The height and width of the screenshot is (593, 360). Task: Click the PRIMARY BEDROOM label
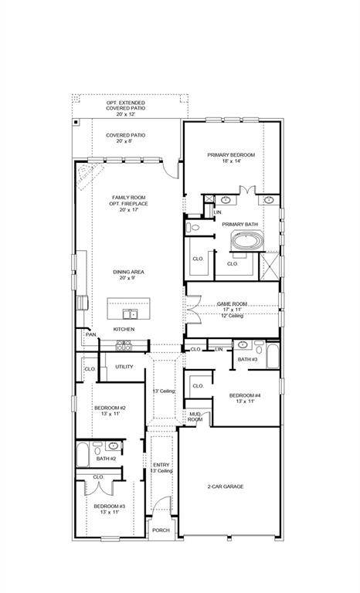[x=231, y=155]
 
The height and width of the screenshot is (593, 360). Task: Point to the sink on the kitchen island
[x=132, y=314]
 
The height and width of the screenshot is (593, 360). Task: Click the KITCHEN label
[x=124, y=329]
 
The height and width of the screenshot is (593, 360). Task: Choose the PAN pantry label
[x=90, y=334]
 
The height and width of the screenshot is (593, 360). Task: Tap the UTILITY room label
[x=124, y=367]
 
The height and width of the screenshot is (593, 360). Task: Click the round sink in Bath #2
[x=114, y=446]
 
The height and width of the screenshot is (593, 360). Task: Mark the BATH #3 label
[x=247, y=360]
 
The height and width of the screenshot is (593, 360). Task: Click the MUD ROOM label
[x=195, y=417]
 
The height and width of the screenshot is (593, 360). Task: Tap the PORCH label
[x=161, y=530]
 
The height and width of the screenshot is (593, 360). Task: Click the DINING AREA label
[x=128, y=272]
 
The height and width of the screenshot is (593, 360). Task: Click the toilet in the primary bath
[x=194, y=228]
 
